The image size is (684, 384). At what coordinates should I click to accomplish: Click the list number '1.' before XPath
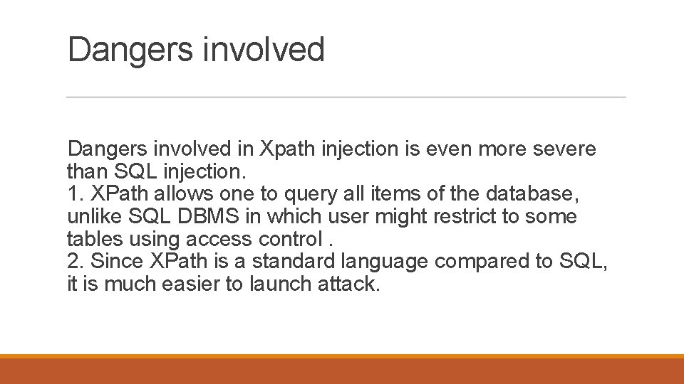click(75, 194)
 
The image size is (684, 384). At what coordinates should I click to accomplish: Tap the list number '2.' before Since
click(76, 262)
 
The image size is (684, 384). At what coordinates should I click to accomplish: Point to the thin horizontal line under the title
click(346, 97)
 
